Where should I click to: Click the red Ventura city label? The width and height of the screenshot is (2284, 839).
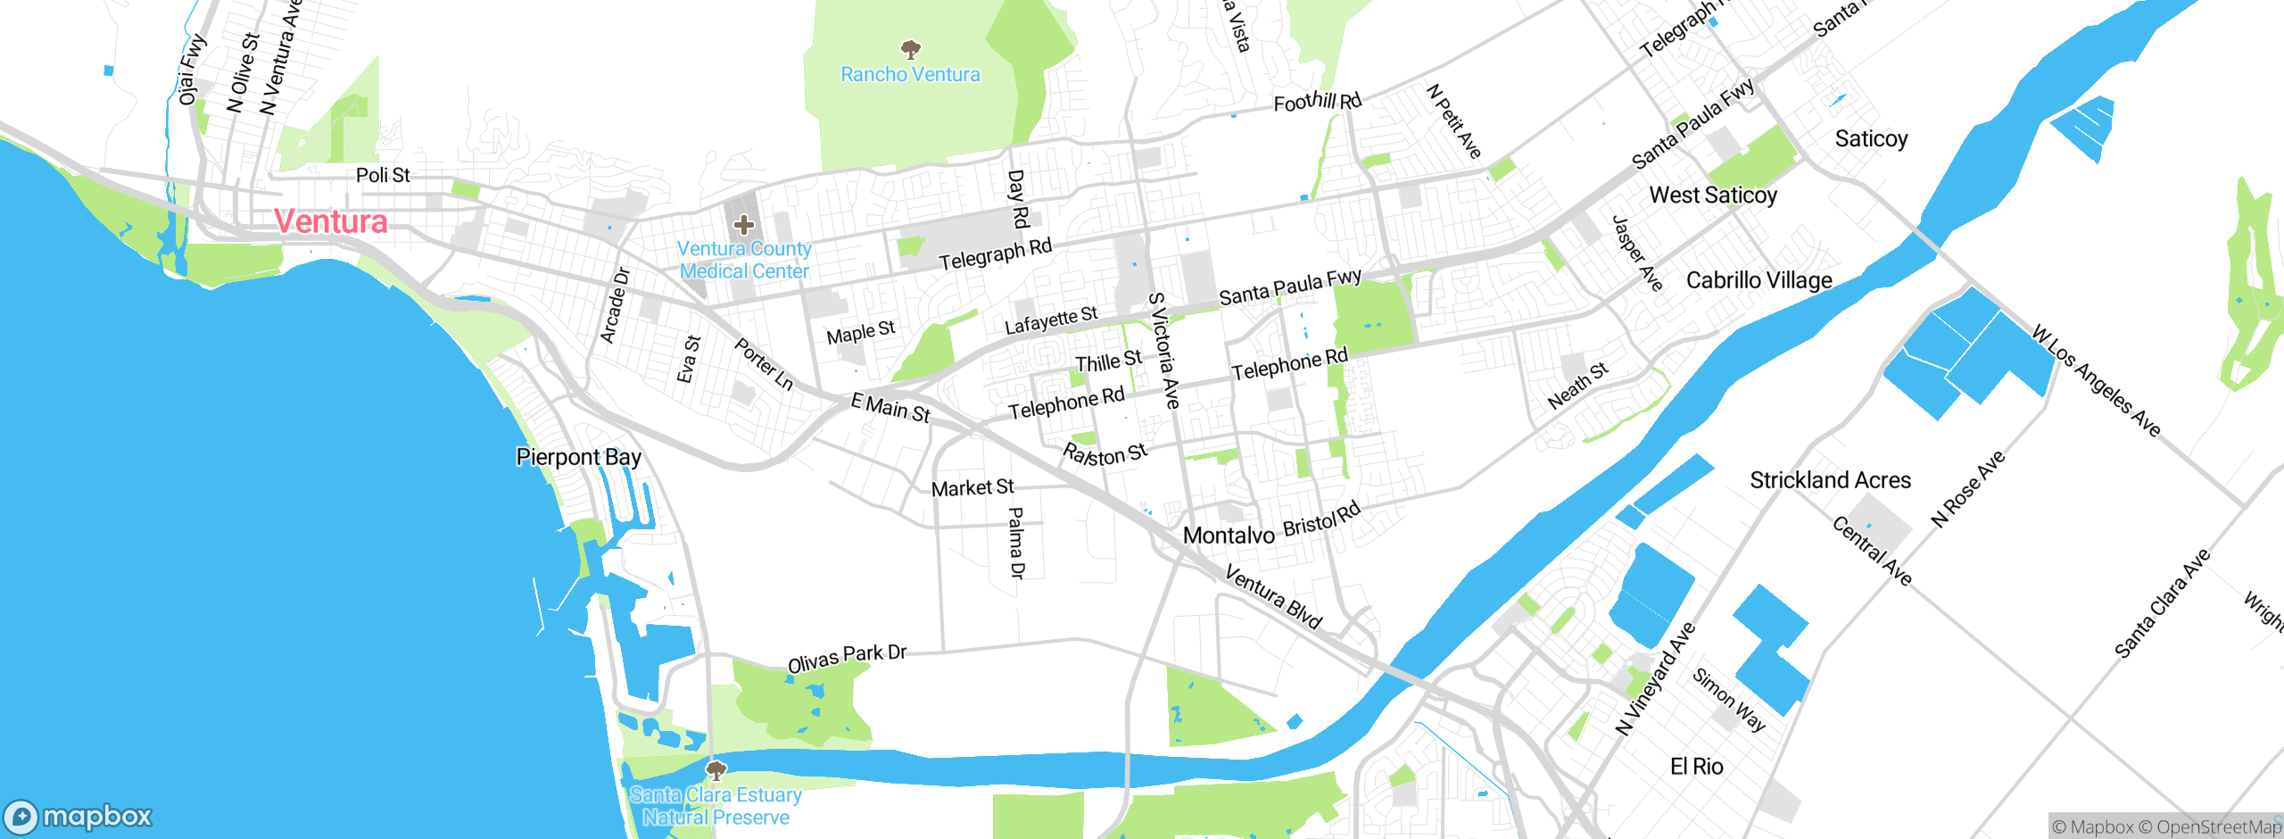(331, 221)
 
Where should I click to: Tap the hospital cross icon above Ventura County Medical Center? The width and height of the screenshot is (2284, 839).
(743, 225)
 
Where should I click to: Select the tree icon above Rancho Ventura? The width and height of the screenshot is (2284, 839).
(910, 49)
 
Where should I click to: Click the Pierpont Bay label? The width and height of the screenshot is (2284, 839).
(578, 457)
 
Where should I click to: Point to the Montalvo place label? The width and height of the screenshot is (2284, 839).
(1229, 536)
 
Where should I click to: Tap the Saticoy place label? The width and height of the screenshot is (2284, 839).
(1871, 139)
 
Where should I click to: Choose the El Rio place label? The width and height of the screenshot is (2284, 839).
(1696, 767)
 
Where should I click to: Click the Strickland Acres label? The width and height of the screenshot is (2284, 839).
(1830, 481)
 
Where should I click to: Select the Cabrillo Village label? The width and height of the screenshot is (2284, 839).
(1759, 280)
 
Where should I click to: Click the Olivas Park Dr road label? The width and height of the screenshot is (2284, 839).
(847, 658)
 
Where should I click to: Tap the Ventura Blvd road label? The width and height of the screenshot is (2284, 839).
(1273, 597)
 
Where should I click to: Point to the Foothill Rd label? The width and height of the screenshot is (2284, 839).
(1317, 102)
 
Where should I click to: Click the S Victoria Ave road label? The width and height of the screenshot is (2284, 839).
(1164, 350)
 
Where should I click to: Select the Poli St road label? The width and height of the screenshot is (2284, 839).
(383, 175)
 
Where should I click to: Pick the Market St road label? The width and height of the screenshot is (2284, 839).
(972, 487)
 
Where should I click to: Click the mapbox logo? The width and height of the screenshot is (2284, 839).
(79, 817)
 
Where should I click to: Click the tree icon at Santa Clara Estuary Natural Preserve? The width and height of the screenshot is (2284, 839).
(715, 770)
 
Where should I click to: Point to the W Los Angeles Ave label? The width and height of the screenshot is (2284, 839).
(2096, 382)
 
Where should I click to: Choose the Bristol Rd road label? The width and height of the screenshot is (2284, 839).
(1321, 520)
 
